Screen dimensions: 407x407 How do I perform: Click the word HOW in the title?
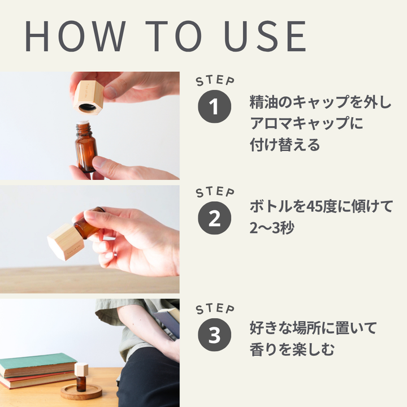(75, 36)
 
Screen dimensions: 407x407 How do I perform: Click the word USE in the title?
(265, 36)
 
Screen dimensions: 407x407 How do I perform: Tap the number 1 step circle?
(214, 106)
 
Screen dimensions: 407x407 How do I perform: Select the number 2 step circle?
(214, 218)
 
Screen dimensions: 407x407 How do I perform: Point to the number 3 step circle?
(214, 335)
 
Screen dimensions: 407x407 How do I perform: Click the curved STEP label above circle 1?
(215, 81)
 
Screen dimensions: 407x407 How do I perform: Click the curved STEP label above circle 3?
(215, 309)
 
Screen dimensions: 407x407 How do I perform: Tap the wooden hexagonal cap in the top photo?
(88, 97)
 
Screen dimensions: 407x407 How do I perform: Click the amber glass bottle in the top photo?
(86, 146)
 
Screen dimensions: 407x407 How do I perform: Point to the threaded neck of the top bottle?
(83, 128)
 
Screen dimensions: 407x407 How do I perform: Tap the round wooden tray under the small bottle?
(81, 392)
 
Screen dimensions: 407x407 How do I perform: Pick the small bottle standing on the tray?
(81, 377)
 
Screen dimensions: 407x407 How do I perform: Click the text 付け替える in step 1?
(285, 145)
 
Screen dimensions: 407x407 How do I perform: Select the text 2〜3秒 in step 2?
(272, 228)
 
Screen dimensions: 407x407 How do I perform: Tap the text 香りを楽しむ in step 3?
(292, 349)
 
